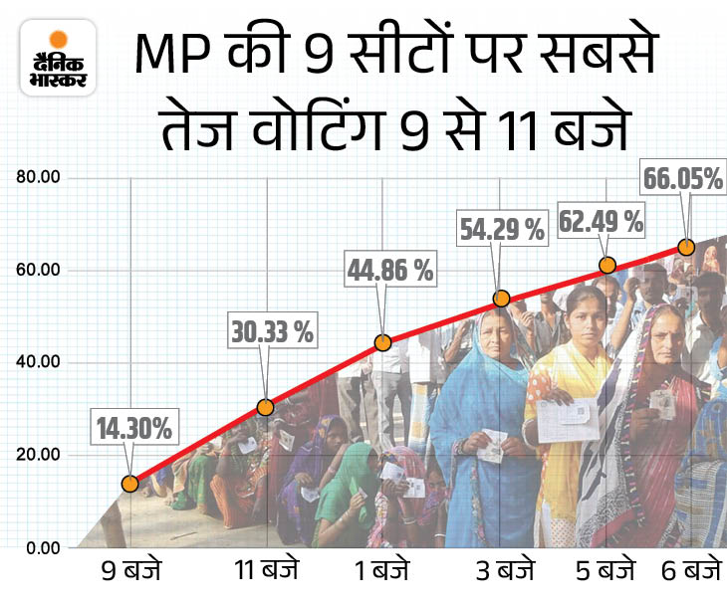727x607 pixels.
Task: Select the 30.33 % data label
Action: coord(272,330)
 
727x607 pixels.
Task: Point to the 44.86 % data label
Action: coord(390,269)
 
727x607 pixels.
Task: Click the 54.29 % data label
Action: coord(502,230)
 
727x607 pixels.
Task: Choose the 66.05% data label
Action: coord(683,179)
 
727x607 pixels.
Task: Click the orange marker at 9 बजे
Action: coord(129,484)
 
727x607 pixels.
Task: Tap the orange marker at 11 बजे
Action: coord(265,407)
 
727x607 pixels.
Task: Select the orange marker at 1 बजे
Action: coord(383,342)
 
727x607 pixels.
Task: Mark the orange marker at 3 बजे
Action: coord(502,299)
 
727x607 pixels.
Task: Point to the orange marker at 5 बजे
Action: coord(607,266)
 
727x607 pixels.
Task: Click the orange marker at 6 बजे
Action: coord(685,247)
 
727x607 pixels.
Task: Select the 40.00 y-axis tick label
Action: coord(38,362)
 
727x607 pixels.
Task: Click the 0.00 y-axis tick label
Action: coord(42,547)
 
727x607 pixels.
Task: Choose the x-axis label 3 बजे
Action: coord(502,573)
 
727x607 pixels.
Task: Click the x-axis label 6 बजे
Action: coord(690,573)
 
